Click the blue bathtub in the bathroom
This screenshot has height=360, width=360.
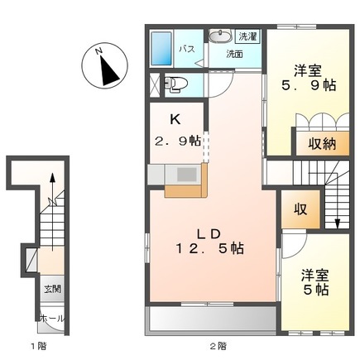(x=161, y=49)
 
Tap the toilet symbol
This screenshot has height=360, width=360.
(x=175, y=84)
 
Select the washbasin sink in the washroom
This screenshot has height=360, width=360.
(x=220, y=36)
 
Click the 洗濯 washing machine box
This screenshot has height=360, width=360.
(x=247, y=36)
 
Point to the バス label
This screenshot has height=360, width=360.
(x=187, y=50)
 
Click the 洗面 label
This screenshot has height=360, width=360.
(x=234, y=54)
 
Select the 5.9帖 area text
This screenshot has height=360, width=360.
(x=308, y=86)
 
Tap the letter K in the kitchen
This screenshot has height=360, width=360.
(x=175, y=119)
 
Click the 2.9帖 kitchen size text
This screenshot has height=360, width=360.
(x=177, y=142)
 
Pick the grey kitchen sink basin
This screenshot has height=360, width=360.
(x=186, y=175)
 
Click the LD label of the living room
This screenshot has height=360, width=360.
(x=209, y=234)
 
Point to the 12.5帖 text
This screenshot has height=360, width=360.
(x=210, y=248)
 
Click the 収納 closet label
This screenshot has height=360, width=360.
(x=322, y=143)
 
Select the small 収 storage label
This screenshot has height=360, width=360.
(x=300, y=209)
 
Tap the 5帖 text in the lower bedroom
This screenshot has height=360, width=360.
(x=316, y=290)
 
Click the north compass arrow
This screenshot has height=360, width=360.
(x=109, y=70)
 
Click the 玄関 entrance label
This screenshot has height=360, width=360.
(x=52, y=290)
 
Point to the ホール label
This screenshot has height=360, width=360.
(x=52, y=319)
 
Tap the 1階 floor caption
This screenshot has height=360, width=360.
(x=38, y=346)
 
